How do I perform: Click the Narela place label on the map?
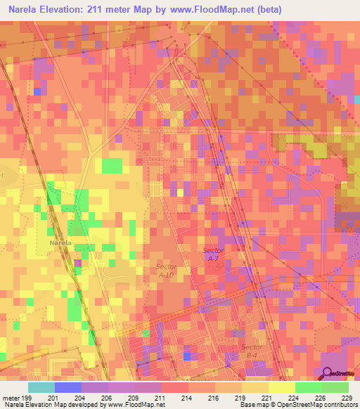point(61,242)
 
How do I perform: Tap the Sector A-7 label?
point(213,254)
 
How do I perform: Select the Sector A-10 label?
point(166,271)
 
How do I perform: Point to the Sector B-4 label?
point(252,351)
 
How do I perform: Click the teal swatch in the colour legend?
point(41,387)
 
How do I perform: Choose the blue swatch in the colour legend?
point(68,387)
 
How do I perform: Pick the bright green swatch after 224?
point(308,387)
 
